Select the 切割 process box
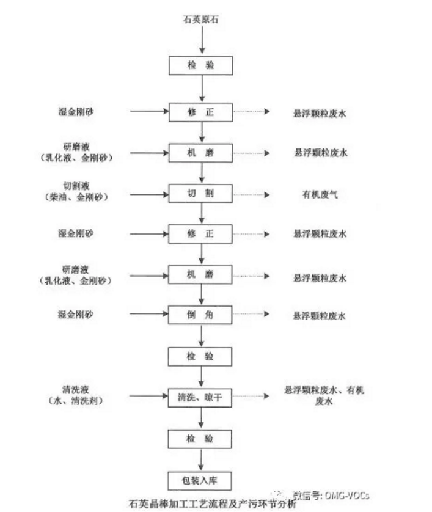pyautogui.click(x=200, y=194)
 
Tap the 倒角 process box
pyautogui.click(x=200, y=315)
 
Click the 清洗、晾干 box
pyautogui.click(x=200, y=397)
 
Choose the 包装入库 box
pyautogui.click(x=200, y=480)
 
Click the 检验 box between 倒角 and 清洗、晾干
pyautogui.click(x=200, y=356)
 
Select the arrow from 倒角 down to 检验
pyautogui.click(x=200, y=335)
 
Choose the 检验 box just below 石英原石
pyautogui.click(x=200, y=65)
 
